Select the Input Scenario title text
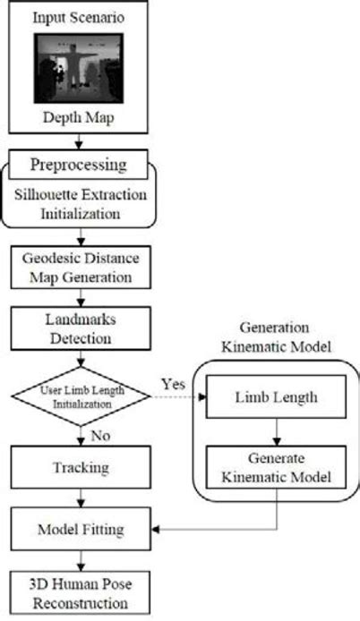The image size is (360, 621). (79, 19)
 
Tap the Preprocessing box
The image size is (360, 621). (79, 165)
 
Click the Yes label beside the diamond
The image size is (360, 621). (173, 383)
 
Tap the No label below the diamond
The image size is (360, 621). (101, 436)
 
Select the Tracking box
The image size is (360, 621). (79, 467)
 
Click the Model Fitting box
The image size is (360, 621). (79, 531)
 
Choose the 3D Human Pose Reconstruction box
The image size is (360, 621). (79, 593)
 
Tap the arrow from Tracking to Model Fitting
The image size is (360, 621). (79, 498)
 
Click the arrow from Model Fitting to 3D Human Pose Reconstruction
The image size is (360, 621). (79, 562)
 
